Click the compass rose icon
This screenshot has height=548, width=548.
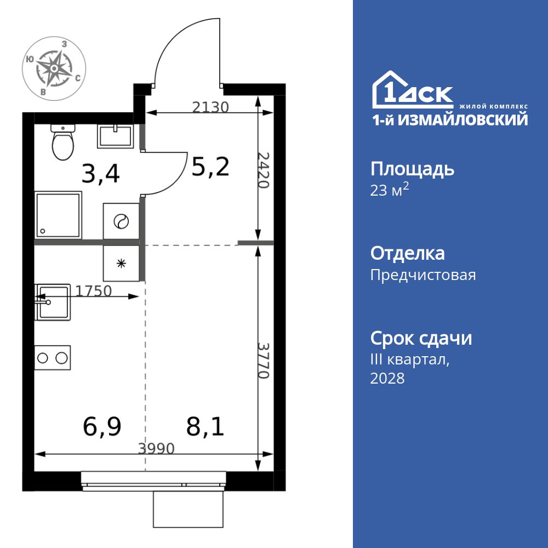[x=53, y=68]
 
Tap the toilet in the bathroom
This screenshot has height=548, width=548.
[x=63, y=142]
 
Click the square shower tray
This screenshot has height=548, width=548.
[x=58, y=214]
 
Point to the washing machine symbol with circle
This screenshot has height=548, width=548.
[x=121, y=221]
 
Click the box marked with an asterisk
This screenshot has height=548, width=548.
[x=121, y=263]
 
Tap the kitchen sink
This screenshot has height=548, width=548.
[x=53, y=302]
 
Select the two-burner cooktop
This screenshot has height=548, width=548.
[x=53, y=358]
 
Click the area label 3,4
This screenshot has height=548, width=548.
[x=100, y=174]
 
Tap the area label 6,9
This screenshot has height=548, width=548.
[x=102, y=426]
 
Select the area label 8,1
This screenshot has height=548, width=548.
[x=205, y=426]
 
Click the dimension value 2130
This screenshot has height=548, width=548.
[x=210, y=107]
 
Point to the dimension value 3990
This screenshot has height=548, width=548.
[x=156, y=449]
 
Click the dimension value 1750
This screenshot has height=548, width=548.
[x=93, y=291]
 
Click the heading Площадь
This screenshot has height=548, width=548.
[x=412, y=169]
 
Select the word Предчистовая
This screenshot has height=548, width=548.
[x=423, y=275]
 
